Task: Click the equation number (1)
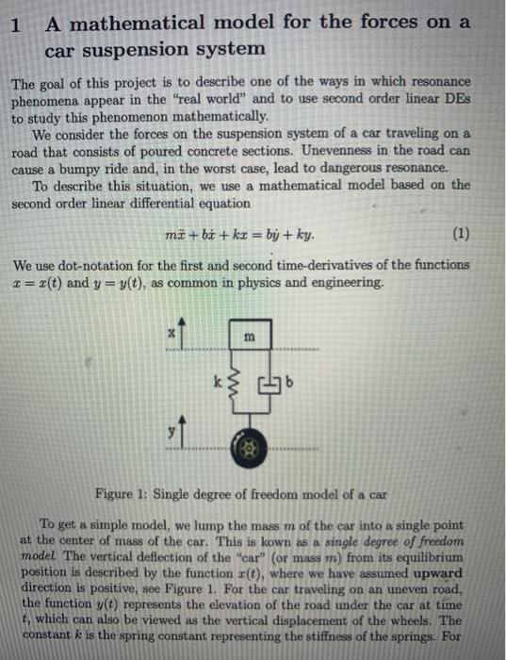pyautogui.click(x=462, y=235)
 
